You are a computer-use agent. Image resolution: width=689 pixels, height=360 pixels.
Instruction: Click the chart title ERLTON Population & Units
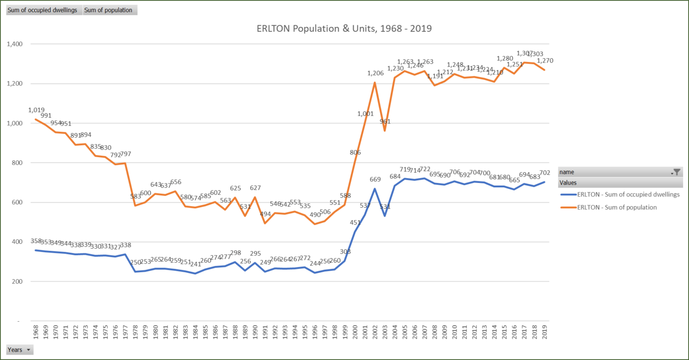344,29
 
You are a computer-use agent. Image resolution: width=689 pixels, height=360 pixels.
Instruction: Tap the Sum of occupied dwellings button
43,10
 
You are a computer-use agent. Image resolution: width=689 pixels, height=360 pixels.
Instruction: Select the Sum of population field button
109,10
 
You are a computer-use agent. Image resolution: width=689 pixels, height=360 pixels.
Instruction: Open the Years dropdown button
19,350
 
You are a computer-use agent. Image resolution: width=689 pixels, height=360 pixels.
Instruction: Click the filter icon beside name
677,172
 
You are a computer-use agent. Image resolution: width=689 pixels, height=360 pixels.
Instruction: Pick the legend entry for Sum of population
616,207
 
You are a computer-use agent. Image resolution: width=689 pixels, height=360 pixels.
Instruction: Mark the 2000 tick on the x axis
355,331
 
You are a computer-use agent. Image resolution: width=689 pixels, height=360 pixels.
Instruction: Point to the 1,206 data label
375,73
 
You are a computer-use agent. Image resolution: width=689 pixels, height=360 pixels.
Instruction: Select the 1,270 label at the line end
545,61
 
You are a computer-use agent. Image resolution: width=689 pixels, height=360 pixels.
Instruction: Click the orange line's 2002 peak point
375,82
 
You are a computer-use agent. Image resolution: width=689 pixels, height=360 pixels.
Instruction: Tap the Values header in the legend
568,183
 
